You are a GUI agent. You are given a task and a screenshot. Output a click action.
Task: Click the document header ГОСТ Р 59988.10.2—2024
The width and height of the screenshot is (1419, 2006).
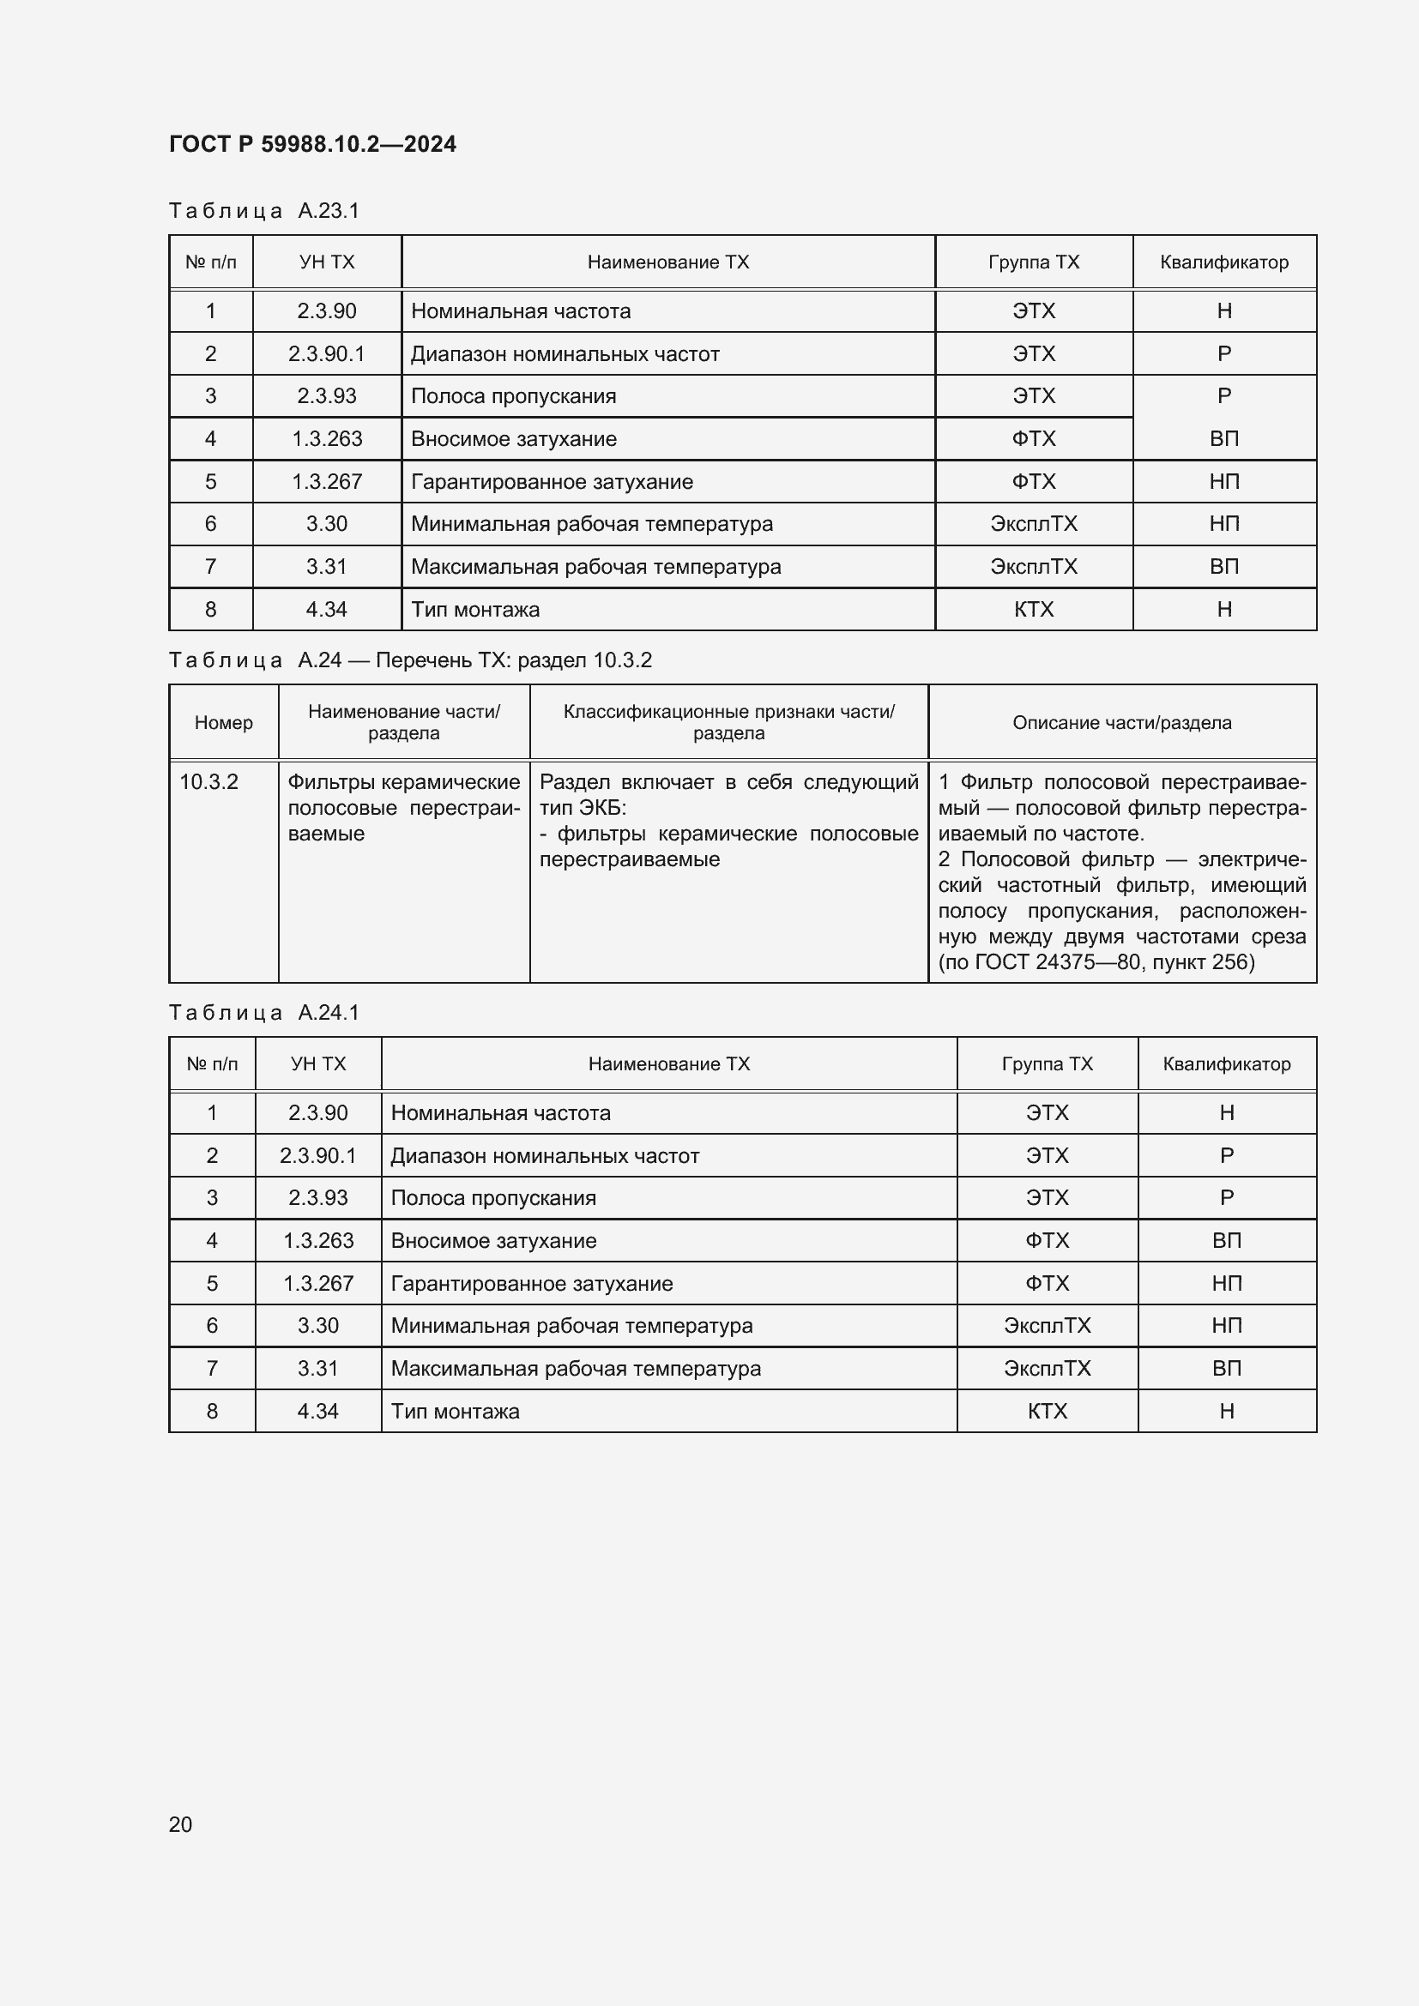pos(312,144)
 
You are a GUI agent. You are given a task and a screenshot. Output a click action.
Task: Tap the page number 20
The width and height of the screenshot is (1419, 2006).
pos(180,1824)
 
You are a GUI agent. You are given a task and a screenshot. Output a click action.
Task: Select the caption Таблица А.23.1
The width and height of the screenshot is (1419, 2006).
pos(264,211)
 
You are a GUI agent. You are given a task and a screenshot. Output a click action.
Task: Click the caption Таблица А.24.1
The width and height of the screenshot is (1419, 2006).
pos(264,1013)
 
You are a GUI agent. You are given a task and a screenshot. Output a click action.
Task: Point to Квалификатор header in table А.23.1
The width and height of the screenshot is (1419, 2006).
pos(1223,262)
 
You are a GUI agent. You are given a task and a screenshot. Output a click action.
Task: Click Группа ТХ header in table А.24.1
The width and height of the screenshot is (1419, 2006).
pos(1047,1064)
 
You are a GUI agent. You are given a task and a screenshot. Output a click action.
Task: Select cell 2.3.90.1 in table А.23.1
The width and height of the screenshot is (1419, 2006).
pos(326,354)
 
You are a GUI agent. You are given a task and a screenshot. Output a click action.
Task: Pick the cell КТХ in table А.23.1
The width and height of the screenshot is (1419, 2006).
pos(1033,610)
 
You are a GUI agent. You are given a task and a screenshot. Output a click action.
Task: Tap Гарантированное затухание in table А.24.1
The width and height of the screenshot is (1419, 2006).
pos(531,1284)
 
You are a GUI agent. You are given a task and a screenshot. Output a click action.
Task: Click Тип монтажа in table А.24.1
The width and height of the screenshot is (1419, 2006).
pos(455,1411)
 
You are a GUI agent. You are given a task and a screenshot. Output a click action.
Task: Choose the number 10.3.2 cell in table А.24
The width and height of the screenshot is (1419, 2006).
pos(208,782)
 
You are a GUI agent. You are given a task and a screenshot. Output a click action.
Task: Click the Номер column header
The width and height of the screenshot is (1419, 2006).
pos(224,722)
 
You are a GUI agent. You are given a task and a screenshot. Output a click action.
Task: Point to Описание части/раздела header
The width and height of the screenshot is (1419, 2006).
pos(1122,722)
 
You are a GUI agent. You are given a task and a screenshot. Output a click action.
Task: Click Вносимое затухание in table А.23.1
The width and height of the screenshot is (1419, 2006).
pos(513,438)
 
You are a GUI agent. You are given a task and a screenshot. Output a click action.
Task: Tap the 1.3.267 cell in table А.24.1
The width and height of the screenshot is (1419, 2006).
pos(318,1284)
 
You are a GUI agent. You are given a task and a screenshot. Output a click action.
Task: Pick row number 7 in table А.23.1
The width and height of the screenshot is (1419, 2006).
pos(210,567)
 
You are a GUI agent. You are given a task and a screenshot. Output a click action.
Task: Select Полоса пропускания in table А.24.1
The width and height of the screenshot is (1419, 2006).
pos(492,1198)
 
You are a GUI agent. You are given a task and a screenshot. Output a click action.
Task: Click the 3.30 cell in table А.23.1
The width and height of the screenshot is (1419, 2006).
pos(326,524)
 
